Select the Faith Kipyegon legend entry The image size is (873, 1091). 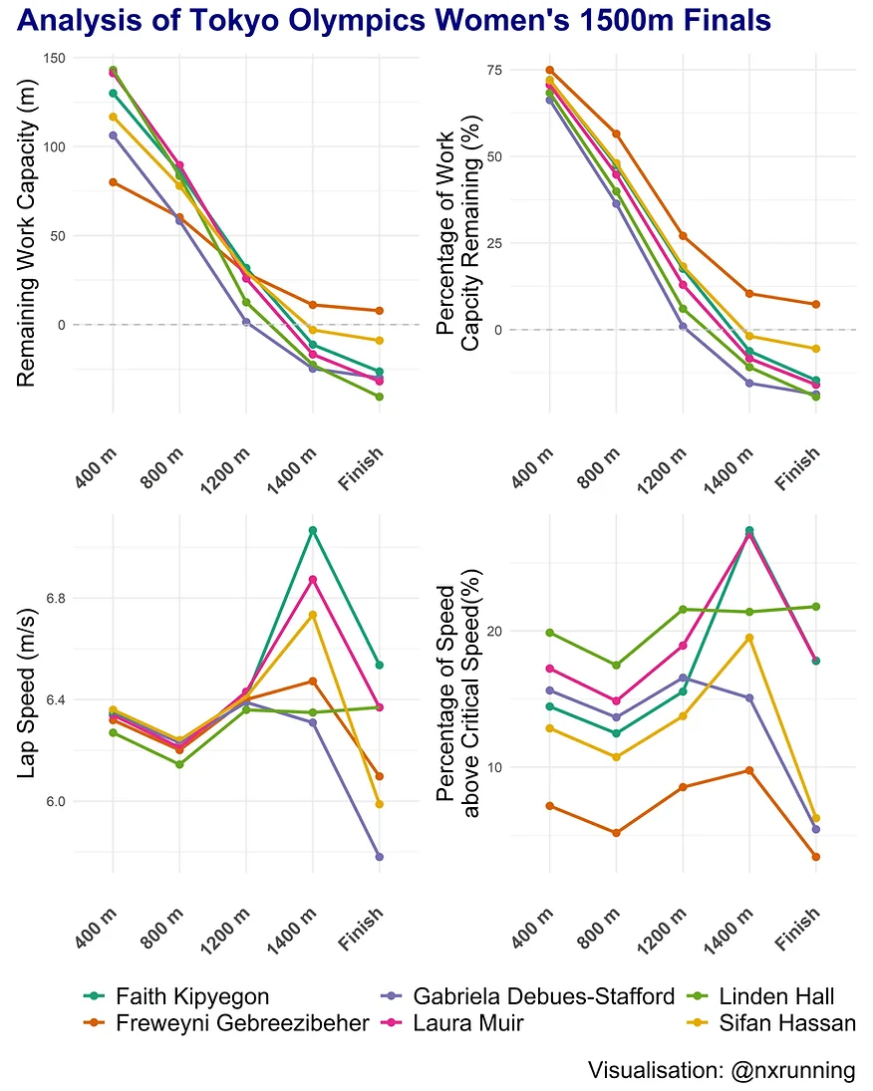192,995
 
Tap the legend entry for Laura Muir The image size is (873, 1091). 468,1022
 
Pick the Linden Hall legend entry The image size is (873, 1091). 776,995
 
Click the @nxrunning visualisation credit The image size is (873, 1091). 722,1070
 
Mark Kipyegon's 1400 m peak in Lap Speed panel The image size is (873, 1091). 313,530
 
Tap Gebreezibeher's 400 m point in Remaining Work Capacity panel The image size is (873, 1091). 113,182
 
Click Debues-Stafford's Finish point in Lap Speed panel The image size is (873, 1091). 380,857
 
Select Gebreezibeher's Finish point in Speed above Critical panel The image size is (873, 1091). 815,857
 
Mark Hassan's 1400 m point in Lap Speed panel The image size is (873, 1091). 313,615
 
